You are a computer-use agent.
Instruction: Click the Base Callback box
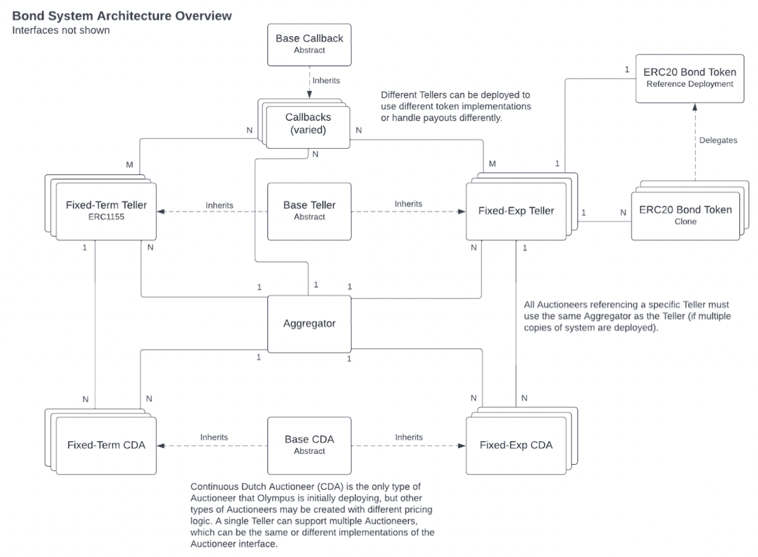(309, 45)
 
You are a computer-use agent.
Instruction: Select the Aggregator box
(309, 324)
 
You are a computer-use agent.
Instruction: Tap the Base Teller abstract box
(309, 212)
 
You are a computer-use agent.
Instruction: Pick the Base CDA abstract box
(309, 445)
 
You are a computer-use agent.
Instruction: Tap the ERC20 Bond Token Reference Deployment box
(689, 79)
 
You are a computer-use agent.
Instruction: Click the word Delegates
(718, 140)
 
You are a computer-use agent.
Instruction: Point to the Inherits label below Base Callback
(326, 80)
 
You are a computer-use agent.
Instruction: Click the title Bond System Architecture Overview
(122, 16)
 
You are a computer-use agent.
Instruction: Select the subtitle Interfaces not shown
(61, 30)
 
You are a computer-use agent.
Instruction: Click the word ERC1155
(106, 217)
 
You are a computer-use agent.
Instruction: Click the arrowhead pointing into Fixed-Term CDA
(161, 445)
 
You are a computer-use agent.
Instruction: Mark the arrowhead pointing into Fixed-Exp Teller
(461, 212)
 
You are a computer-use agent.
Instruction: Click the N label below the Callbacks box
(315, 155)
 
